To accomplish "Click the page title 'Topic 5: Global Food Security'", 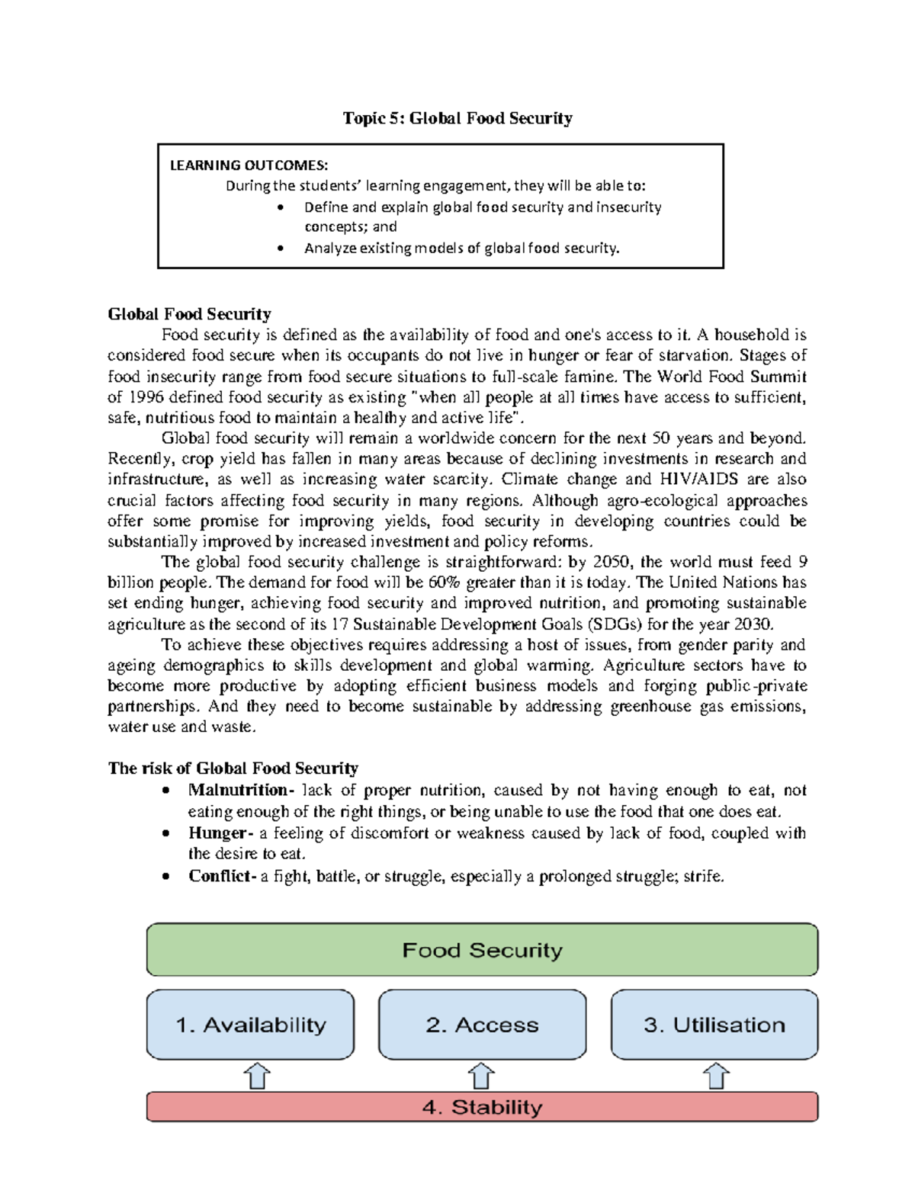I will coord(457,118).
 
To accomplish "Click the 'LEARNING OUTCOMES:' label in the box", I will coord(249,165).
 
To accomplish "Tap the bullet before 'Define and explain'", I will coord(281,207).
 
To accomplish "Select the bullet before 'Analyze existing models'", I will coord(281,249).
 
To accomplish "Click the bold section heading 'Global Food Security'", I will coord(189,314).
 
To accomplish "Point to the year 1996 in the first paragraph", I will coord(145,397).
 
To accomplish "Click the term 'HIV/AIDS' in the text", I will coord(699,480).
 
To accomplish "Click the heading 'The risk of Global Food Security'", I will coord(233,768).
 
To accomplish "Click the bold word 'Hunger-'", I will coord(221,833).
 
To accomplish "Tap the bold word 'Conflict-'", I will coord(222,877).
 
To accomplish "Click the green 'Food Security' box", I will coord(482,950).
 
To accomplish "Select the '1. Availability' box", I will coord(250,1025).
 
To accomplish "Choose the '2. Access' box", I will coord(482,1025).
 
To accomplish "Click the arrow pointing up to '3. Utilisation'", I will coord(716,1076).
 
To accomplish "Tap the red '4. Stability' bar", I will coord(482,1107).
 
